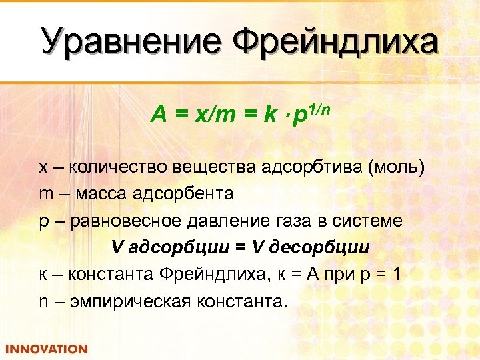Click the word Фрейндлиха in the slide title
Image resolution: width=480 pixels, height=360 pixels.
tap(335, 41)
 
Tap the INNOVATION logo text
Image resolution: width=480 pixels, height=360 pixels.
tap(46, 349)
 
